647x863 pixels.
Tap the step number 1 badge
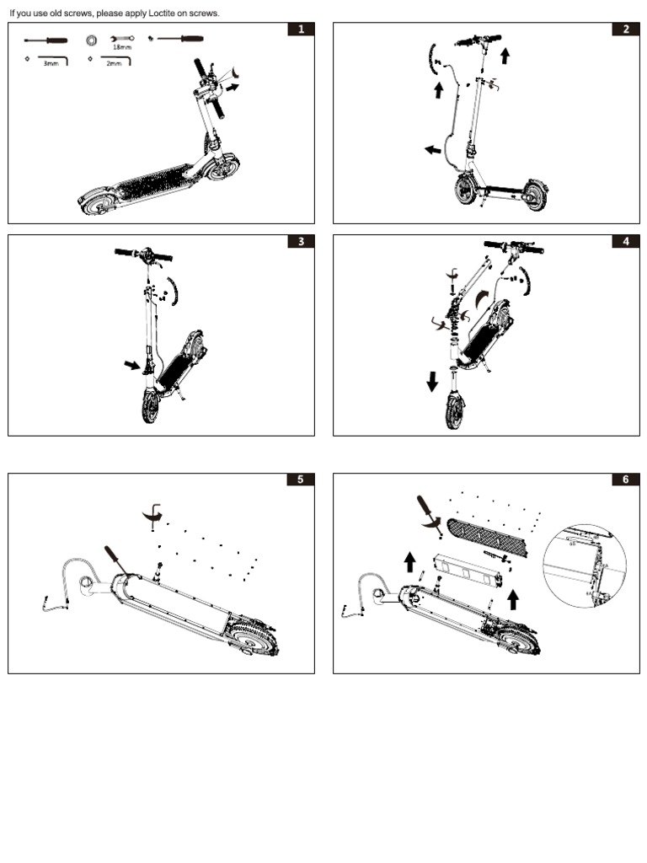(301, 29)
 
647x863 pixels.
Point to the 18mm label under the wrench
(122, 47)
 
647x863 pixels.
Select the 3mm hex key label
(51, 63)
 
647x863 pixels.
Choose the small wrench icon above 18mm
(122, 39)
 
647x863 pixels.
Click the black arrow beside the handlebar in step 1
(233, 86)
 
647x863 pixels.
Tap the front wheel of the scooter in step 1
(223, 166)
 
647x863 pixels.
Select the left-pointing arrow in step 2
(431, 150)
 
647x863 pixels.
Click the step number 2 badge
(626, 29)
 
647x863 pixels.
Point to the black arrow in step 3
(131, 365)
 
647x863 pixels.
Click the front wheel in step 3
(151, 407)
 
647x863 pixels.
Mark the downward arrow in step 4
(432, 382)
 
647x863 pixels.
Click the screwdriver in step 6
(429, 510)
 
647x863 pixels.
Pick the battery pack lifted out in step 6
(467, 571)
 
